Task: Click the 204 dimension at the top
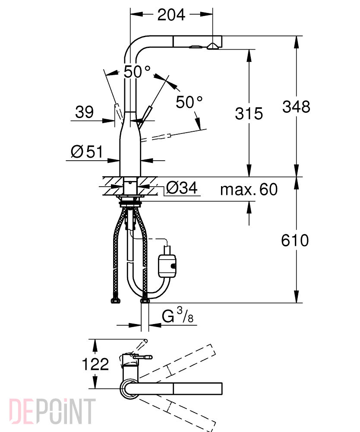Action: pyautogui.click(x=171, y=15)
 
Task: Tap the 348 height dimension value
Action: pyautogui.click(x=296, y=107)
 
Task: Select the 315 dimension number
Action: pyautogui.click(x=249, y=114)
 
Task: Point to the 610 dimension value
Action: pyautogui.click(x=295, y=240)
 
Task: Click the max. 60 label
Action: pyautogui.click(x=249, y=189)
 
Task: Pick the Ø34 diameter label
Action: pyautogui.click(x=182, y=188)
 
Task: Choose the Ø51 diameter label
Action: pyautogui.click(x=87, y=152)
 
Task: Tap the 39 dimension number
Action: pyautogui.click(x=84, y=112)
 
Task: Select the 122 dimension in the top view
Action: pyautogui.click(x=95, y=364)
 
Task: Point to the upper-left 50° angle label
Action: pyautogui.click(x=137, y=72)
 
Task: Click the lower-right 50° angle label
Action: pyautogui.click(x=189, y=102)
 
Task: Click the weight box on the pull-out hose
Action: pyautogui.click(x=167, y=266)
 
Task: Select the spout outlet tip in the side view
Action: pyautogui.click(x=212, y=46)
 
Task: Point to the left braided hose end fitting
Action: pyautogui.click(x=115, y=301)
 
